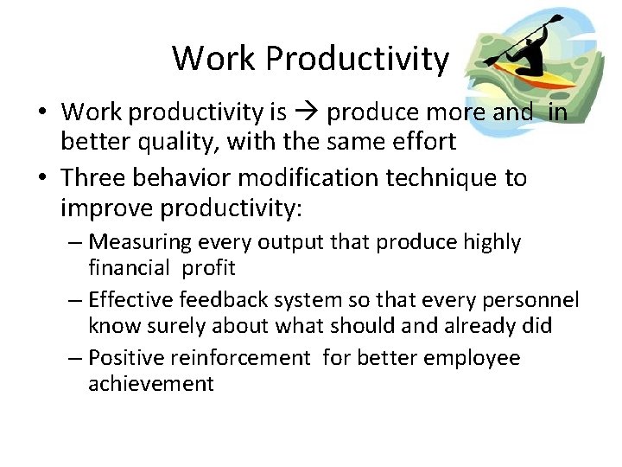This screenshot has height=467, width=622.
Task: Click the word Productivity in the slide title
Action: pos(358,59)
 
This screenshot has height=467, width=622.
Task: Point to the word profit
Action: pos(208,267)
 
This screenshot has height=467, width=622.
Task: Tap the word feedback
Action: pos(224,299)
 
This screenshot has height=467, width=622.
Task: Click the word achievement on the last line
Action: pos(150,383)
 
